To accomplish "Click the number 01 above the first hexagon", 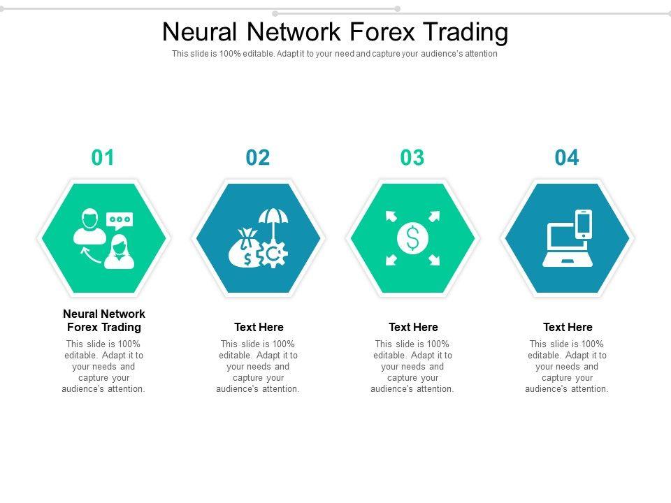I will coord(103,158).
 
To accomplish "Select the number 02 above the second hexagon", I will coord(258,158).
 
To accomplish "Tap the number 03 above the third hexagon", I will coord(412,158).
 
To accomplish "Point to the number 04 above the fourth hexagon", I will coord(567,158).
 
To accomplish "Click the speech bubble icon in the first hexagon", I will coord(120,220).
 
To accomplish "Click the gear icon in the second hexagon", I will coord(273,256).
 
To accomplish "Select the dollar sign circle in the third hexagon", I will coord(412,239).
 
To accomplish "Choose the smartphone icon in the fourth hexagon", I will coord(584,224).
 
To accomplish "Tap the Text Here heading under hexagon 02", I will coord(259,327).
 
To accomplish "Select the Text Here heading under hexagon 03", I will coord(413,327).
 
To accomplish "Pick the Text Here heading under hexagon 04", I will coord(568,327).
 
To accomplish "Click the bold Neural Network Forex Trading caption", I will coord(104,321).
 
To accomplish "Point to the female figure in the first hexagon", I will coord(119,252).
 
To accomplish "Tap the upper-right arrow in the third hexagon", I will coord(434,217).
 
